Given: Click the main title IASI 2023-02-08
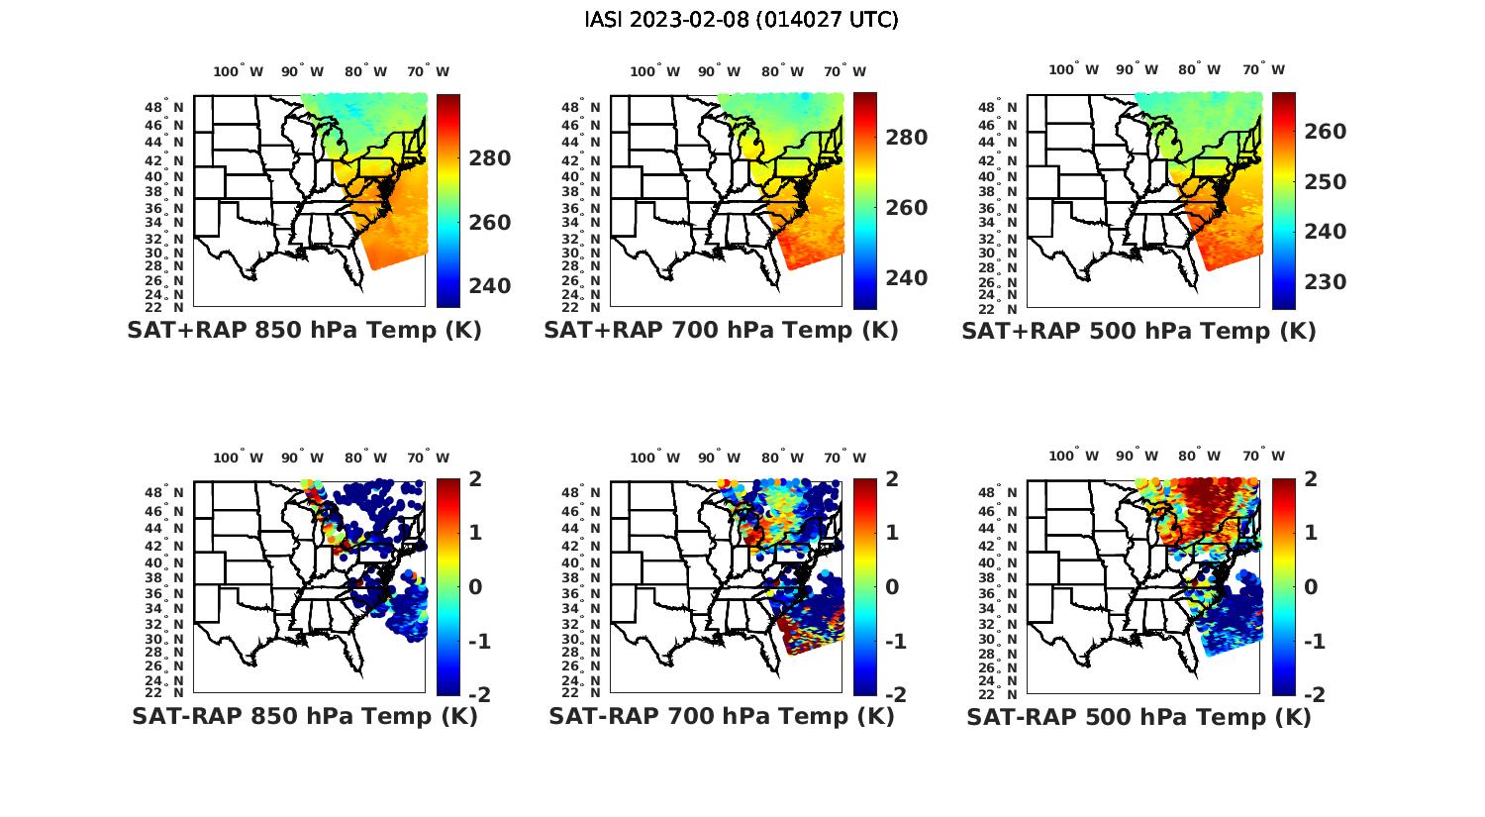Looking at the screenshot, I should click(x=742, y=20).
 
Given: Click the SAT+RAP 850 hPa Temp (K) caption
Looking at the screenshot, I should click(x=304, y=331).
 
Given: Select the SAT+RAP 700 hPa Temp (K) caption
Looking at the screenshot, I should click(x=721, y=331).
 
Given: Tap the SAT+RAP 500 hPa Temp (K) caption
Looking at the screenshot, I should click(x=1138, y=331).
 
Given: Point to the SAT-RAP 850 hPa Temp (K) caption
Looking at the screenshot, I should click(x=304, y=716).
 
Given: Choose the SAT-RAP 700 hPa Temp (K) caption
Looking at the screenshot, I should click(x=721, y=716).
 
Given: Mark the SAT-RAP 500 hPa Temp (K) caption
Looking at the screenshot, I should click(x=1138, y=716).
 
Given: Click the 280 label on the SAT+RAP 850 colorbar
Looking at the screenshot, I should click(x=489, y=158).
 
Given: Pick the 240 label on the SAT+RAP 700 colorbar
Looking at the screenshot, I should click(x=906, y=278).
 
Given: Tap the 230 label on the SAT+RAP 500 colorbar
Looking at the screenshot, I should click(x=1325, y=282).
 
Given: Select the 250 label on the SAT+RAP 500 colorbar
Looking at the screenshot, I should click(x=1325, y=182).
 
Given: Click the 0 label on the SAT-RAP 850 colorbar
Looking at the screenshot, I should click(x=475, y=587).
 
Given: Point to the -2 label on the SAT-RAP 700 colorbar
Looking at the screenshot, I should click(x=893, y=695).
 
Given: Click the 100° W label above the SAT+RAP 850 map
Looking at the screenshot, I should click(x=238, y=71).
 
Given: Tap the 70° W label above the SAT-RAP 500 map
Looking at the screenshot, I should click(x=1263, y=457).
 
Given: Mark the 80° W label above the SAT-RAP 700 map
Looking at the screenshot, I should click(x=782, y=458).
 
